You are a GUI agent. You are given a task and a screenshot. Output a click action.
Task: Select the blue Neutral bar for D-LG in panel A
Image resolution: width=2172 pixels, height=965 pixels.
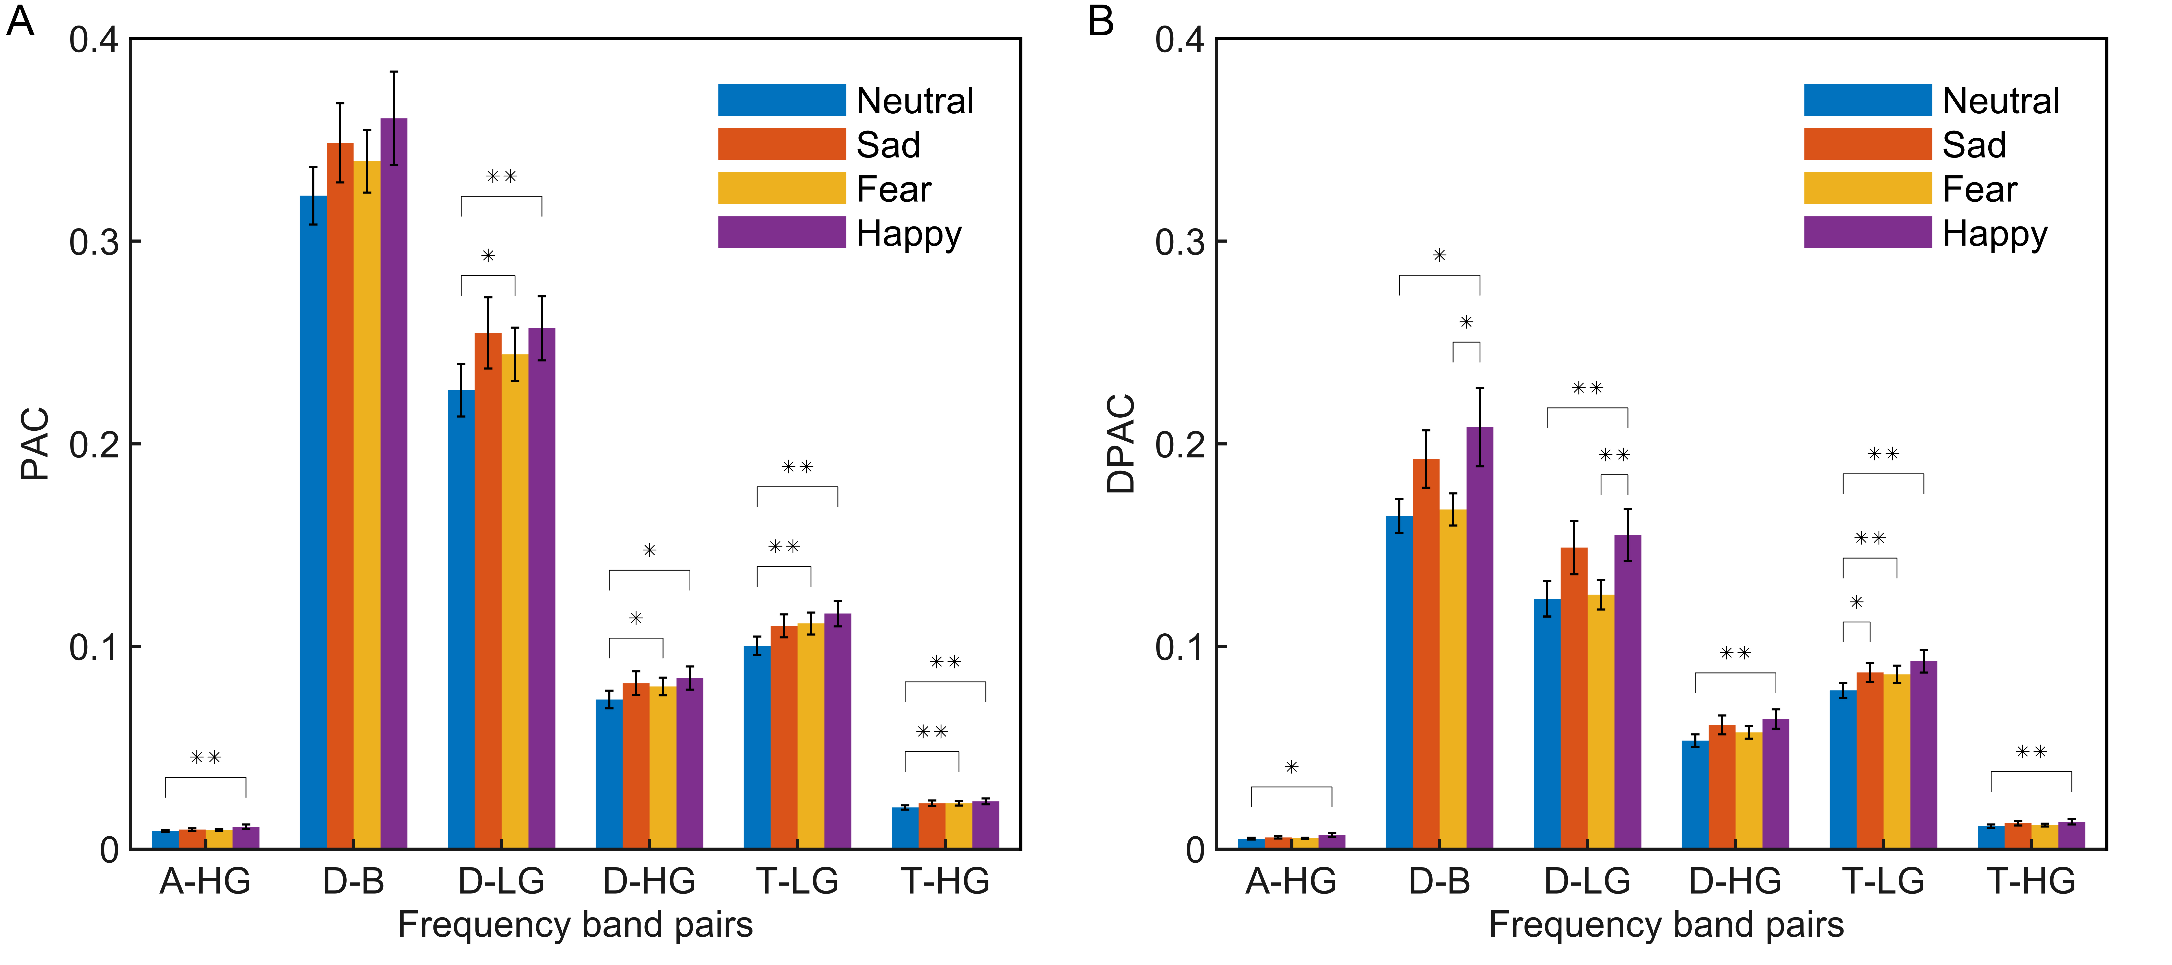[461, 619]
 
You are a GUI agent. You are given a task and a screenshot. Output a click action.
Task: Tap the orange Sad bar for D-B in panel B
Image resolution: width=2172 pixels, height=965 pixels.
[1426, 654]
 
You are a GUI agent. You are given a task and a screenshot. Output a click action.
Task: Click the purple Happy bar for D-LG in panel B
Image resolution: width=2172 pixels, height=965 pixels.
[1627, 692]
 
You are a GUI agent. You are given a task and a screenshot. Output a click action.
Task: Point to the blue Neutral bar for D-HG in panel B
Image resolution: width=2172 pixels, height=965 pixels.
[1695, 795]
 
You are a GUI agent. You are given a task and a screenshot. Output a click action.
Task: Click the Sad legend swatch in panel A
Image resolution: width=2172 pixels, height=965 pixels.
[782, 144]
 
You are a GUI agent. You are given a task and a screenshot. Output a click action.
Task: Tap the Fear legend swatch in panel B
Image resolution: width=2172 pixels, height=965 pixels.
[1868, 188]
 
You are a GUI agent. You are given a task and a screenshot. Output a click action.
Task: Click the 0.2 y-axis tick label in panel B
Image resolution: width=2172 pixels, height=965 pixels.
[1179, 445]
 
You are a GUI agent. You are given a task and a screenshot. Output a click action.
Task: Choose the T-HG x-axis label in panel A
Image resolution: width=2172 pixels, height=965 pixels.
[945, 882]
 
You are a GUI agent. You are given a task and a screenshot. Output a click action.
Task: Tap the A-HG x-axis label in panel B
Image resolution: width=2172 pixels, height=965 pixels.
[1291, 882]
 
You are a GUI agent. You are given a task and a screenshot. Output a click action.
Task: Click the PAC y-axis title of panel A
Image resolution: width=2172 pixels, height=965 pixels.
[36, 444]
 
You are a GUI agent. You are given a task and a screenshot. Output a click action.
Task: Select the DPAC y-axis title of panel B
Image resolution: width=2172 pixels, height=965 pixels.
[1122, 444]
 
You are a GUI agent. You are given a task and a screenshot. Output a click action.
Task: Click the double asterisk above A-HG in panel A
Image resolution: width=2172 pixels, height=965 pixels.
[206, 758]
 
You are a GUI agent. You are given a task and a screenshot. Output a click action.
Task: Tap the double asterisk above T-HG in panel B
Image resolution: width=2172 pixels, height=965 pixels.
[2031, 752]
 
